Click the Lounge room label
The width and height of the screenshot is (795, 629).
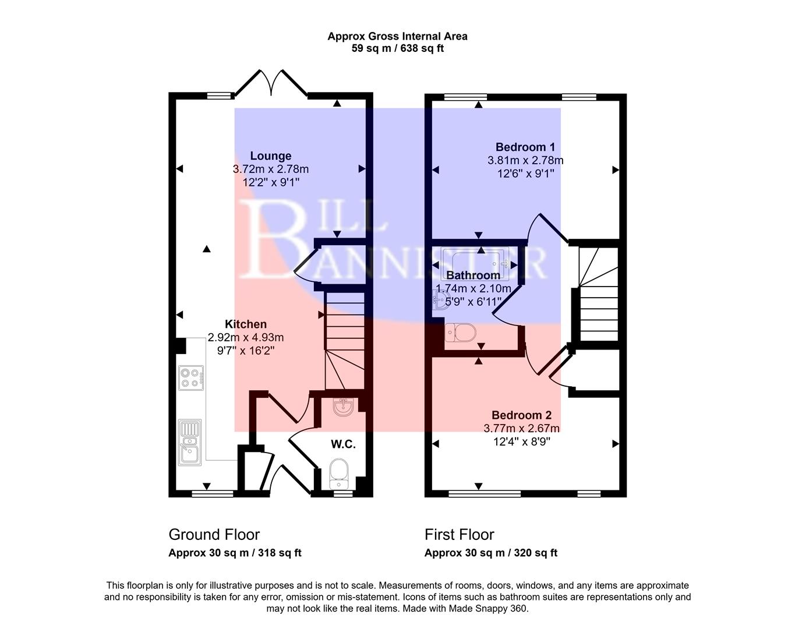tap(270, 156)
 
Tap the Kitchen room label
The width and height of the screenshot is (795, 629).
tap(246, 324)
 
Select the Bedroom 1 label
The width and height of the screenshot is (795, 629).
tap(525, 147)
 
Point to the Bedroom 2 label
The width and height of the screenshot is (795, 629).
tap(521, 415)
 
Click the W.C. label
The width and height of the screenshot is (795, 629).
tap(343, 444)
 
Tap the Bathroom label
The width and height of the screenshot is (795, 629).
tap(473, 275)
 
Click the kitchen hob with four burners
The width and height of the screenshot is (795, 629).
tap(192, 377)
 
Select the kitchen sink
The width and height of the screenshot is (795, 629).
tap(190, 443)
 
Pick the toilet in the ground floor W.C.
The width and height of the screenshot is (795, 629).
tap(338, 472)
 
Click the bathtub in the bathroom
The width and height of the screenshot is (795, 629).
tap(475, 260)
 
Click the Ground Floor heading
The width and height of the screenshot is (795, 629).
tap(214, 534)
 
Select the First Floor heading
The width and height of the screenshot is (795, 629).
tap(459, 534)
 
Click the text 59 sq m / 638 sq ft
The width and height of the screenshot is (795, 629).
tap(397, 48)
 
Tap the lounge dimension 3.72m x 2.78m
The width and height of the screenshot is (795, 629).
tap(270, 169)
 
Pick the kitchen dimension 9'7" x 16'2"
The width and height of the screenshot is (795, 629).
tap(246, 351)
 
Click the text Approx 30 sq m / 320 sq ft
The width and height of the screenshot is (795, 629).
tap(490, 553)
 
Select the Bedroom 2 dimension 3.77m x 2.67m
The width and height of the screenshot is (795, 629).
tap(521, 429)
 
